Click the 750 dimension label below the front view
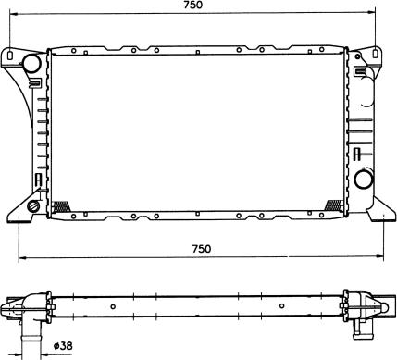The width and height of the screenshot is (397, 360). (x=201, y=248)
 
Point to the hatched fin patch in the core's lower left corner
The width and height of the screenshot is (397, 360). (x=62, y=207)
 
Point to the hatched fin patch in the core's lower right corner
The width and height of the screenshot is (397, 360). (x=337, y=205)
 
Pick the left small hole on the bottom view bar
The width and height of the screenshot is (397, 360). (x=113, y=306)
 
